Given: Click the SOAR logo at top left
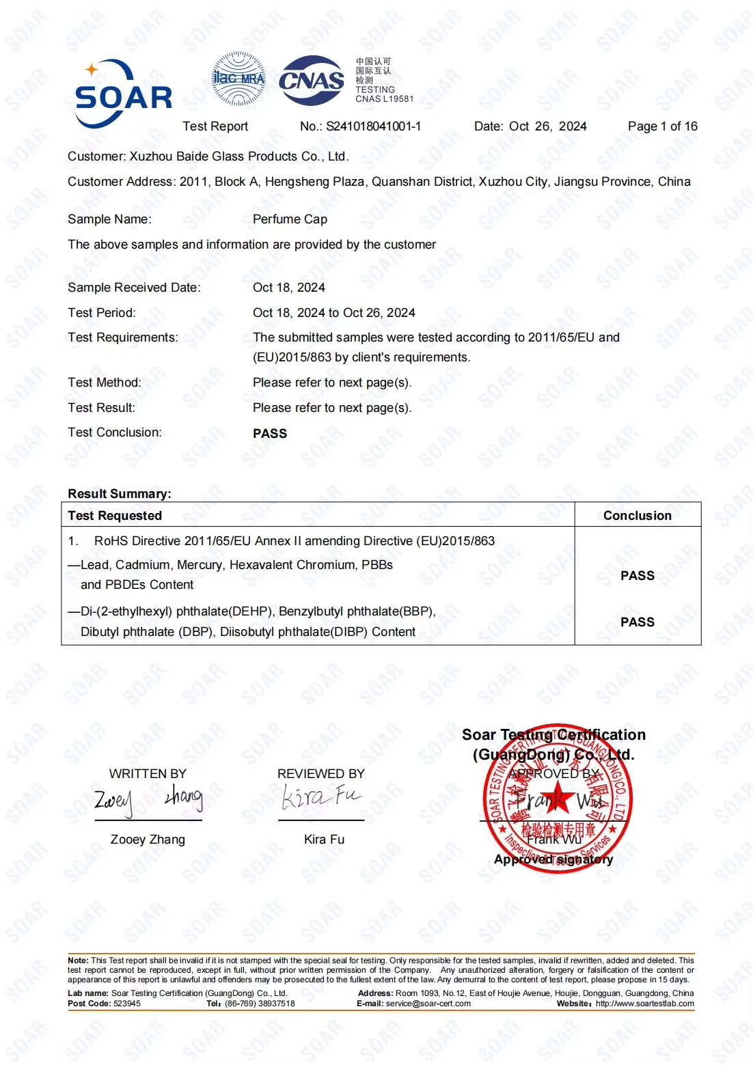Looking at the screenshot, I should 123,94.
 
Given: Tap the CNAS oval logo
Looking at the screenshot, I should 311,81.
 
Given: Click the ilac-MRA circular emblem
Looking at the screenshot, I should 238,79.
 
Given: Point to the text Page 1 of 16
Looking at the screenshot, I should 662,126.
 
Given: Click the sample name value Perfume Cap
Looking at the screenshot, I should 290,219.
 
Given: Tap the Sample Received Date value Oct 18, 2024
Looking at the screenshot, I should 289,288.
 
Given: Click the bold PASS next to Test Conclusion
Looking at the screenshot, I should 270,434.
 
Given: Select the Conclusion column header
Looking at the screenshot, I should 637,516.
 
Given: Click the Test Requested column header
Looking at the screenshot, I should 115,516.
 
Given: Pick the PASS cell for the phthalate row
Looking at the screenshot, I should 637,622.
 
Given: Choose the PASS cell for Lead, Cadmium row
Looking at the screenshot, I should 637,576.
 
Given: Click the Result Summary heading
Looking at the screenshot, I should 120,494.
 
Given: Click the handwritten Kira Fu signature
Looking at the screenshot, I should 321,797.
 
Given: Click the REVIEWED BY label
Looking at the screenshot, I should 321,774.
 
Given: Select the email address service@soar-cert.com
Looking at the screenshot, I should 428,1004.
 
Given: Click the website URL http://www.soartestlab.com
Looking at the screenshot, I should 644,1004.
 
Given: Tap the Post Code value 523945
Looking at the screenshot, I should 127,1004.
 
